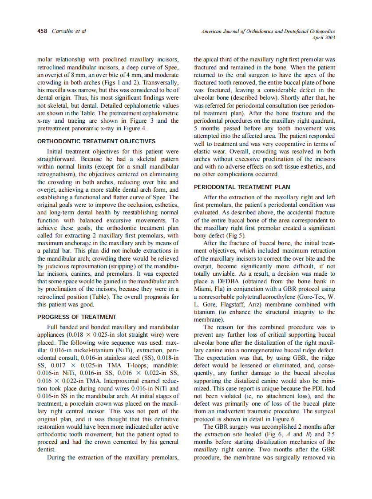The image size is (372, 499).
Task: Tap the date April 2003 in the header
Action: coord(324,38)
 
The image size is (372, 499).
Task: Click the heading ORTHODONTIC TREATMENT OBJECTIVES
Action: coord(96,141)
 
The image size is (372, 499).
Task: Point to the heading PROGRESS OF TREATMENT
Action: coord(77,317)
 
